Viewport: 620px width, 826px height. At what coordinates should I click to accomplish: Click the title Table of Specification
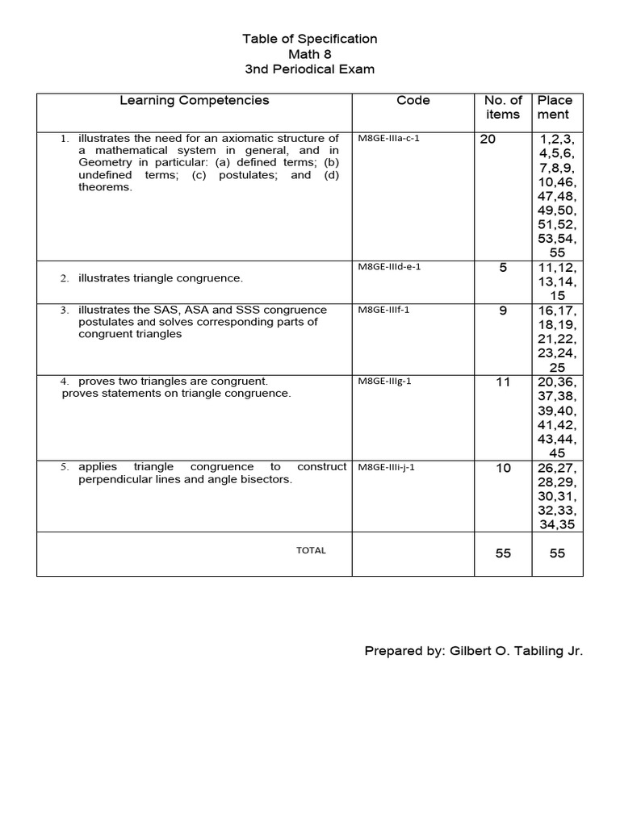pyautogui.click(x=310, y=39)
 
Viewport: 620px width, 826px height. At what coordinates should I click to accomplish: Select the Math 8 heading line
pyautogui.click(x=310, y=54)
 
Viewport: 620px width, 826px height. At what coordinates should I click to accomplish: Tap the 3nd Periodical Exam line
pyautogui.click(x=310, y=69)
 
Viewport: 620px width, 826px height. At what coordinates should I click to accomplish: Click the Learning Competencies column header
pyautogui.click(x=195, y=101)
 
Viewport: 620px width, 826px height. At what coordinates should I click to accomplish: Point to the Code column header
pyautogui.click(x=413, y=101)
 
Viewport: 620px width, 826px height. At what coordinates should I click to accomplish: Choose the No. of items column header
pyautogui.click(x=503, y=107)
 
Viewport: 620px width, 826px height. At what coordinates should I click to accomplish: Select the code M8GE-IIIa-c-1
pyautogui.click(x=388, y=138)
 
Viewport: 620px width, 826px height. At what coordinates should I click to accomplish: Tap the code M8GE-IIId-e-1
pyautogui.click(x=389, y=268)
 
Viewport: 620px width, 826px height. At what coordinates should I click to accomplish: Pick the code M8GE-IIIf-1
pyautogui.click(x=383, y=310)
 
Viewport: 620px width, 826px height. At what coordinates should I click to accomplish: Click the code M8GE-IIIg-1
pyautogui.click(x=384, y=381)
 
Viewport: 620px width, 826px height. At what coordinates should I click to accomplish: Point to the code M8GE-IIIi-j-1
pyautogui.click(x=387, y=467)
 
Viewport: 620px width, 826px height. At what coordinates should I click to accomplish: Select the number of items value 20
pyautogui.click(x=488, y=139)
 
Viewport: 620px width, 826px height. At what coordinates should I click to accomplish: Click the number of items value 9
pyautogui.click(x=503, y=311)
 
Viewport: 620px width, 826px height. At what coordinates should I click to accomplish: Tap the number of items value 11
pyautogui.click(x=503, y=382)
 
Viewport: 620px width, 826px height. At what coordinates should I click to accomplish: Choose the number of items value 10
pyautogui.click(x=503, y=468)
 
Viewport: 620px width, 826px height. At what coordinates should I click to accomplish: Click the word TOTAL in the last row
pyautogui.click(x=311, y=550)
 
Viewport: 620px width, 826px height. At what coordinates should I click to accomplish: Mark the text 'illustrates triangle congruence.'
pyautogui.click(x=161, y=278)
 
